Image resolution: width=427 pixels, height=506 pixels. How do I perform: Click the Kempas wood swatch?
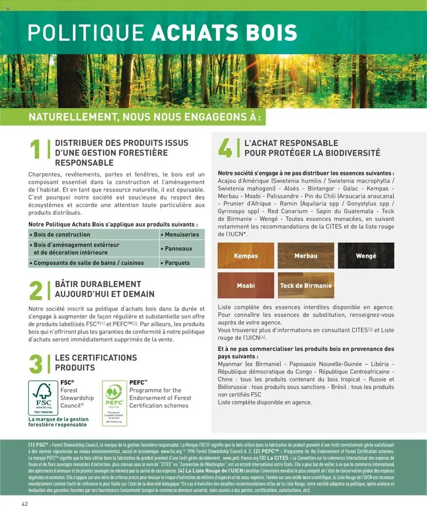[x=246, y=255]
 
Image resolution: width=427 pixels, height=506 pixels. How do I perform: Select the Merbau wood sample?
[x=306, y=255]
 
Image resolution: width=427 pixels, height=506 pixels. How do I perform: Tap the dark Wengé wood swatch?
[x=366, y=255]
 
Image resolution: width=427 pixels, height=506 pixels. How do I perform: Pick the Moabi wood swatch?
[x=246, y=285]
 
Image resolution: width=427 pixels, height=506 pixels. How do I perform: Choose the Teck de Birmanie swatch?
[x=306, y=285]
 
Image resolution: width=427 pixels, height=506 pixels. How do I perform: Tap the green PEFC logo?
[x=114, y=402]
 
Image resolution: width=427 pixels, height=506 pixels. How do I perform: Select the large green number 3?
[x=36, y=364]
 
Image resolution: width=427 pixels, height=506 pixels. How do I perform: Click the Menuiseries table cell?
[x=181, y=235]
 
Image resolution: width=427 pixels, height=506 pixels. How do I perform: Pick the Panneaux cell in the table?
[x=181, y=249]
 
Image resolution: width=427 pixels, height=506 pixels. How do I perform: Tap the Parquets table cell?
[x=181, y=263]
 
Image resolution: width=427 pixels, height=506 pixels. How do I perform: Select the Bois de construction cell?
[x=93, y=235]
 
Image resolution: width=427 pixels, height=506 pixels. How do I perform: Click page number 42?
[x=25, y=503]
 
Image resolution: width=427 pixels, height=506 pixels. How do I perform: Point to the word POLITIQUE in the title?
[x=86, y=33]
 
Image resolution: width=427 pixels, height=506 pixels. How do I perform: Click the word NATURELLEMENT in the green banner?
[x=69, y=117]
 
